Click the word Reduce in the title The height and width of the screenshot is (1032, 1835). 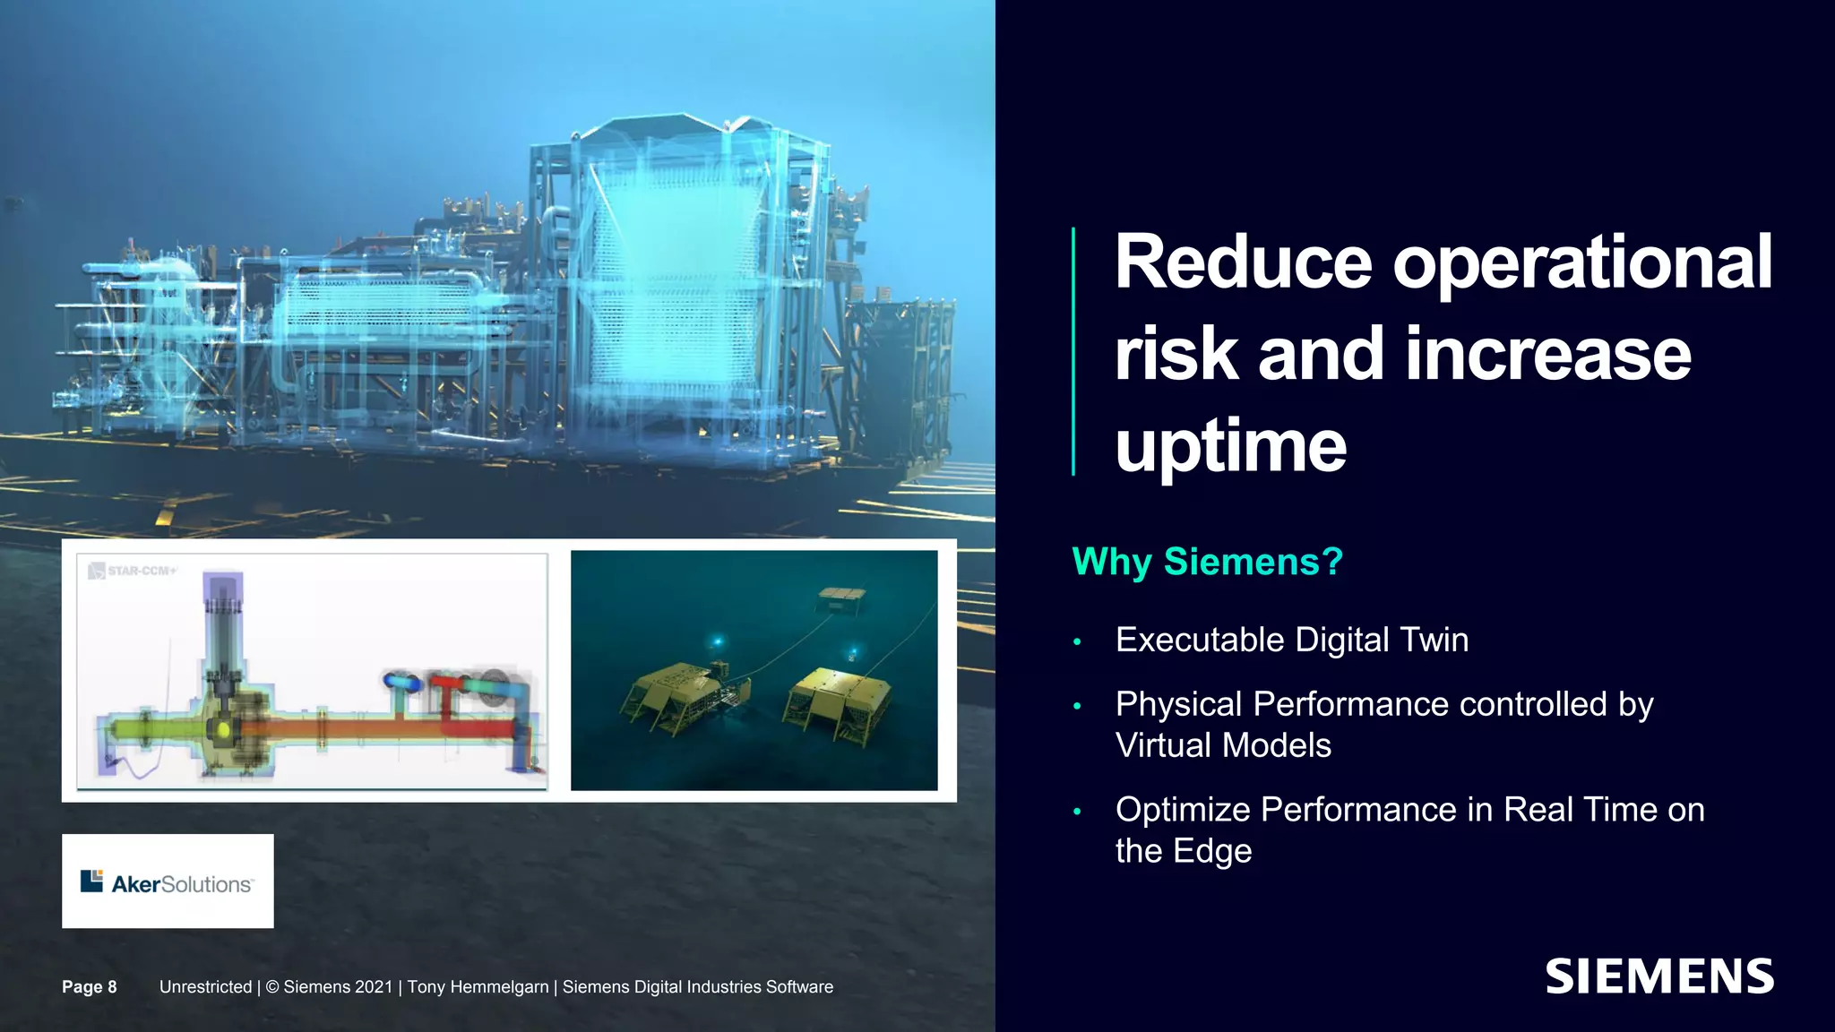pos(1243,262)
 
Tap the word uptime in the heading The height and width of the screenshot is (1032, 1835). pos(1230,446)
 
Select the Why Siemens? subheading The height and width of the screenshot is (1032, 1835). pos(1207,562)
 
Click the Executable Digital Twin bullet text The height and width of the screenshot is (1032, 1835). pos(1291,640)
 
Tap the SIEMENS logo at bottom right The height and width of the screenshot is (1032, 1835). pos(1658,976)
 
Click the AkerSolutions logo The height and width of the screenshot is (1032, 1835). pos(168,881)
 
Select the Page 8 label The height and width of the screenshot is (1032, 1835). pos(90,986)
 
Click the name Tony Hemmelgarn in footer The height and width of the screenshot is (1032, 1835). pos(478,986)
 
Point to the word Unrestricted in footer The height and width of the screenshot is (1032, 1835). pos(205,986)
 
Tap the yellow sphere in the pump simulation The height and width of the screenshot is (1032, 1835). pos(223,730)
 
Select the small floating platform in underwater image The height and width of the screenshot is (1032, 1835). pos(842,598)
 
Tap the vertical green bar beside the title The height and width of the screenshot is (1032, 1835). pos(1073,351)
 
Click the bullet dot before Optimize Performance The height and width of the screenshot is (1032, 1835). pos(1077,812)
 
